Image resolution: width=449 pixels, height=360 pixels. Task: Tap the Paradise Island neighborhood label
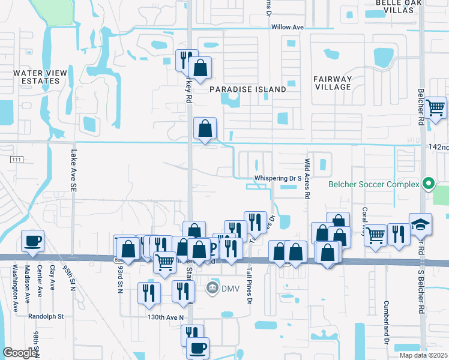pos(248,89)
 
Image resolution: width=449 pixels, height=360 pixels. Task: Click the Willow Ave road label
pos(288,28)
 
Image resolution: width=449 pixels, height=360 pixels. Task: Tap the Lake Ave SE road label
pos(73,170)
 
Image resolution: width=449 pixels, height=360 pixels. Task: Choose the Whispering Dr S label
pos(277,178)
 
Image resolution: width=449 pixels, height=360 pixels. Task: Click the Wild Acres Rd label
pos(307,179)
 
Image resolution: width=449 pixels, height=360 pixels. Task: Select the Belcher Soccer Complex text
pos(373,184)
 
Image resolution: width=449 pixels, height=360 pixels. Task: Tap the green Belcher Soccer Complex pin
pos(428,183)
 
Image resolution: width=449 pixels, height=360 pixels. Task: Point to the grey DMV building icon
pos(212,289)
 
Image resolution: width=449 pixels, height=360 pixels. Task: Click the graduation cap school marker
pos(420,225)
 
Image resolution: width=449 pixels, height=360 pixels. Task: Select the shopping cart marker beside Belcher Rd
pos(435,108)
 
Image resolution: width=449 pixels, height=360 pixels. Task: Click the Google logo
pos(20,353)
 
